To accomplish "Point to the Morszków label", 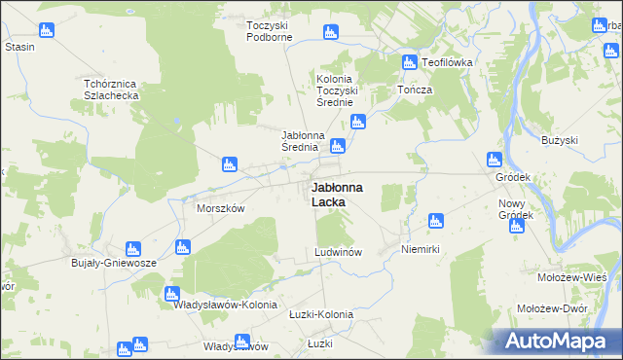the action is pyautogui.click(x=221, y=208).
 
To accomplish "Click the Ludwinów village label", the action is pyautogui.click(x=339, y=252).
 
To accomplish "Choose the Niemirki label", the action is pyautogui.click(x=421, y=250).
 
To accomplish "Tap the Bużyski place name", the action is pyautogui.click(x=560, y=141).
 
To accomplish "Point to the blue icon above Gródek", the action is pyautogui.click(x=495, y=160).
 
